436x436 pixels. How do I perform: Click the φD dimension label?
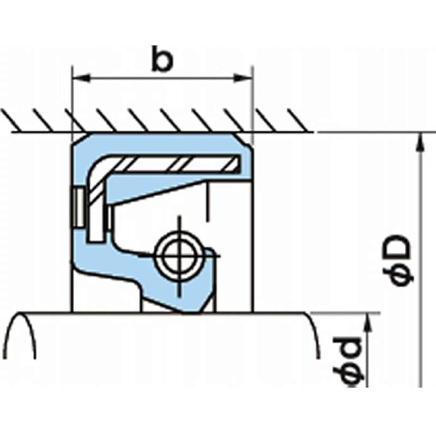(x=402, y=260)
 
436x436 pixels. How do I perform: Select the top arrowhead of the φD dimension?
(x=419, y=141)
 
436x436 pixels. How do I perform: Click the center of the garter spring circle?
(x=177, y=255)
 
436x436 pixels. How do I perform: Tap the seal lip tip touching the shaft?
(x=188, y=312)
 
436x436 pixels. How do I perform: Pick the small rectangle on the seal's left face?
(x=78, y=207)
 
